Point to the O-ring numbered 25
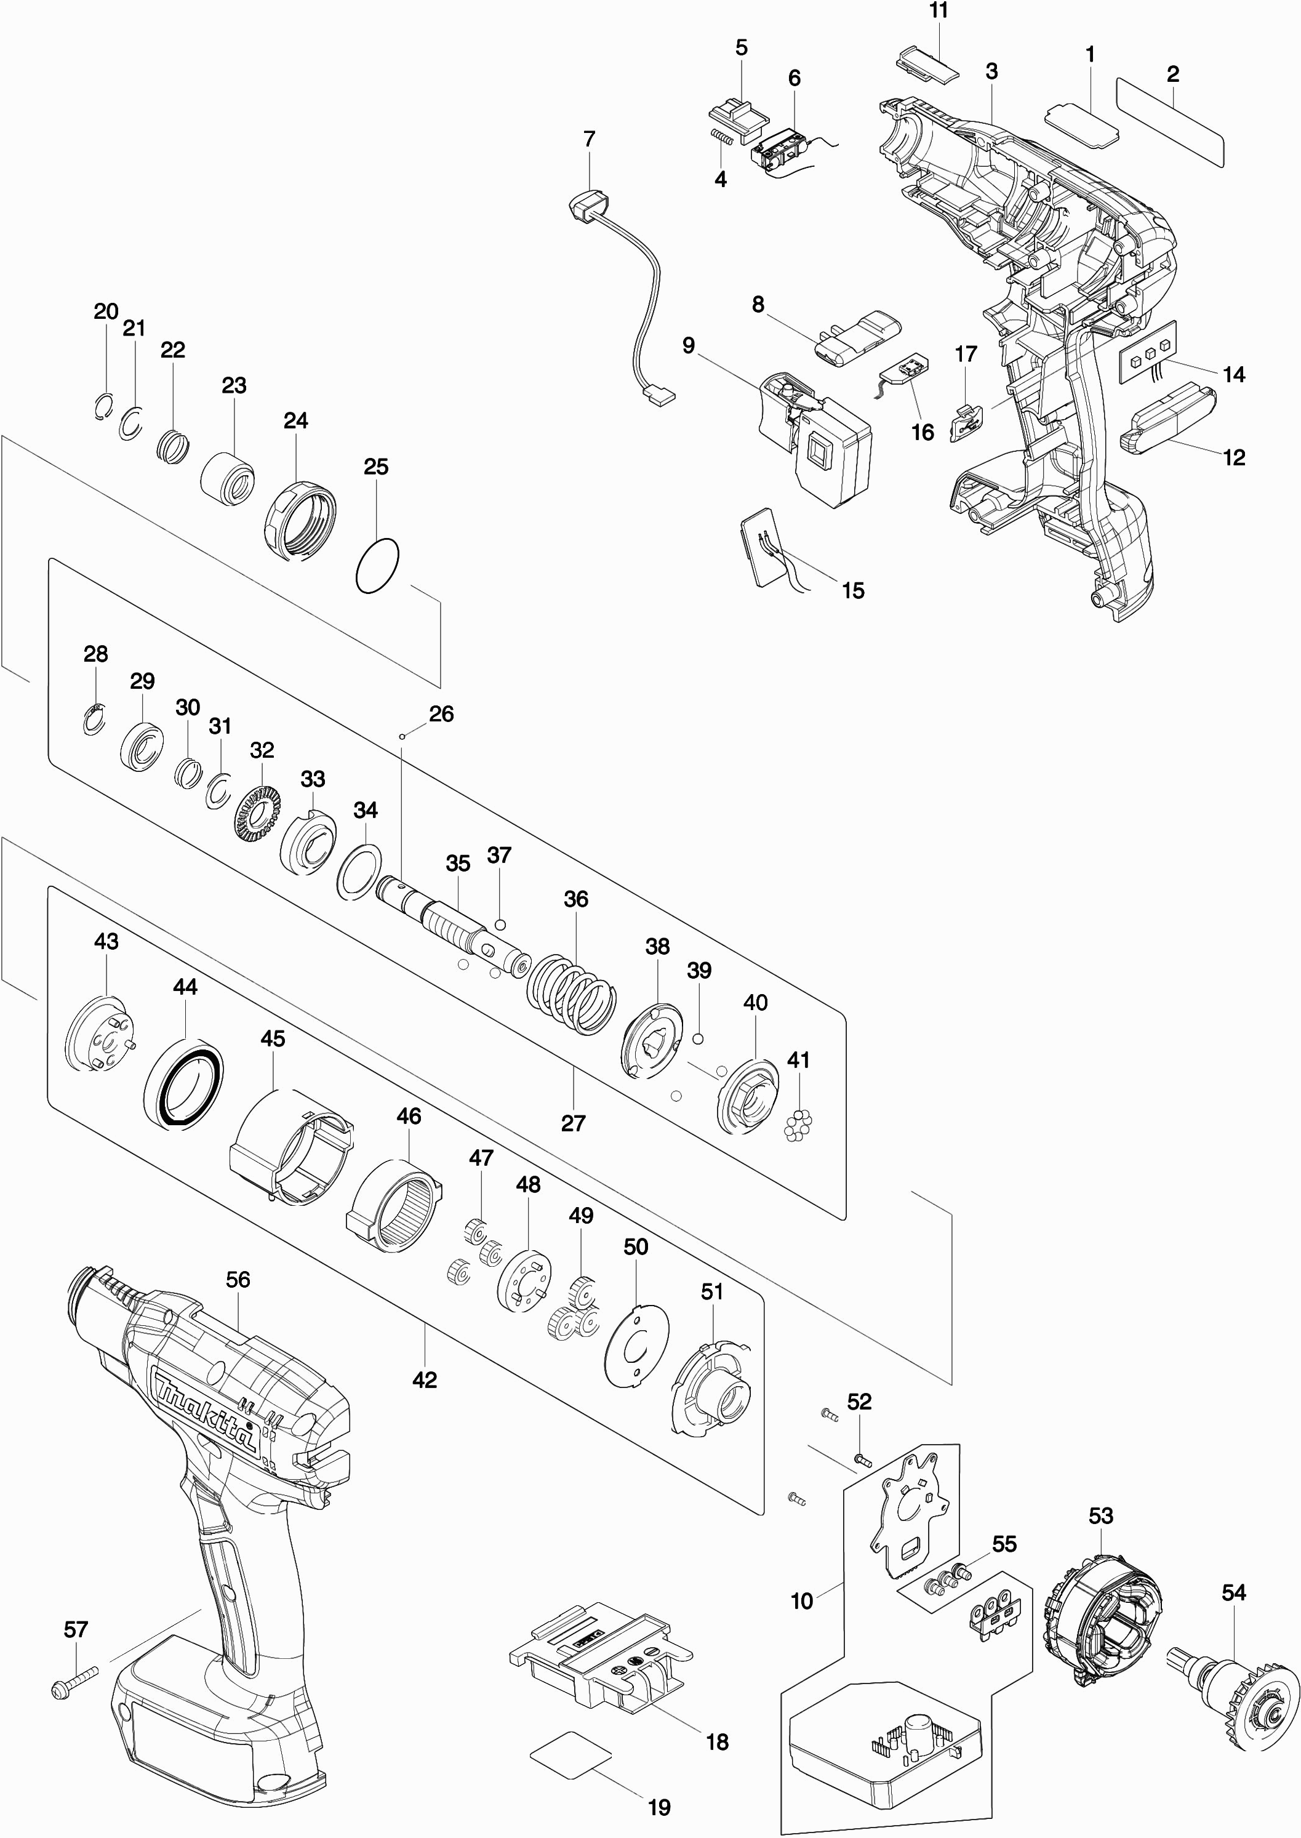pyautogui.click(x=377, y=566)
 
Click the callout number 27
pyautogui.click(x=573, y=1123)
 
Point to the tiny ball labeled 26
pyautogui.click(x=402, y=735)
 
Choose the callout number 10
pyautogui.click(x=802, y=1601)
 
